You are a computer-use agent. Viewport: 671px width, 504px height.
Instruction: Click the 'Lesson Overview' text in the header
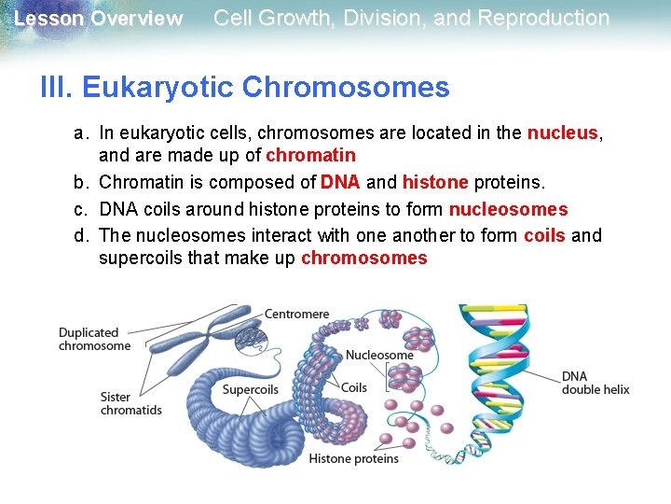pos(99,19)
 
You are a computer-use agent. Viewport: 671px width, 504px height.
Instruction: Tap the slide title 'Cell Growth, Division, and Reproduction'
pos(411,18)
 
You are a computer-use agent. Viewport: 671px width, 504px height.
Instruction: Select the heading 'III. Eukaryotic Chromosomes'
pos(245,88)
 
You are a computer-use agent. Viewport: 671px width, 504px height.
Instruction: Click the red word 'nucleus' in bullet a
pos(562,133)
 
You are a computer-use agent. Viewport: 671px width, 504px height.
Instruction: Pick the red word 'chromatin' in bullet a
pos(310,155)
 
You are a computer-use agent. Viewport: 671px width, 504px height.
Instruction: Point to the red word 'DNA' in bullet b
pos(340,181)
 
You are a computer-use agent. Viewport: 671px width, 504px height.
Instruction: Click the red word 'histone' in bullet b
pos(435,181)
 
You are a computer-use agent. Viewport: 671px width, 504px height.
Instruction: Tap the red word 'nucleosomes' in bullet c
pos(508,209)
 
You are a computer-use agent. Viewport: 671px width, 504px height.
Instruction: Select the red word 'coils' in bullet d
pos(544,235)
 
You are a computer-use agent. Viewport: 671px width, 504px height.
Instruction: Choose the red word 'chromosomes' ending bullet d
pos(363,258)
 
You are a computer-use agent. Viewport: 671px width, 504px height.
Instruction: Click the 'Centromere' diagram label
pos(296,314)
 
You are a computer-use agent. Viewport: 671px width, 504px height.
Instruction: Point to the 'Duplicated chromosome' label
pos(94,339)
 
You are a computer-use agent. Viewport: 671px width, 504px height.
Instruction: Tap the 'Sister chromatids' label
pos(131,403)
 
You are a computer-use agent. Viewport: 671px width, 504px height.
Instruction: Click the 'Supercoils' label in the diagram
pos(250,389)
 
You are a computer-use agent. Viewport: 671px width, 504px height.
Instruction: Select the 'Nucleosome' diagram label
pos(379,355)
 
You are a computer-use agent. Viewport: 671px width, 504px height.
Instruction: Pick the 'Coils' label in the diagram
pos(354,387)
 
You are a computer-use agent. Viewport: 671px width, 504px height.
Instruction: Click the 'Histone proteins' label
pos(353,458)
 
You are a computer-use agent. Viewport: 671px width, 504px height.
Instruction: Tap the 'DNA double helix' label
pos(596,383)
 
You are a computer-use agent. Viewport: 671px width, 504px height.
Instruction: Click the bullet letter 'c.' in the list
pos(83,209)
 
